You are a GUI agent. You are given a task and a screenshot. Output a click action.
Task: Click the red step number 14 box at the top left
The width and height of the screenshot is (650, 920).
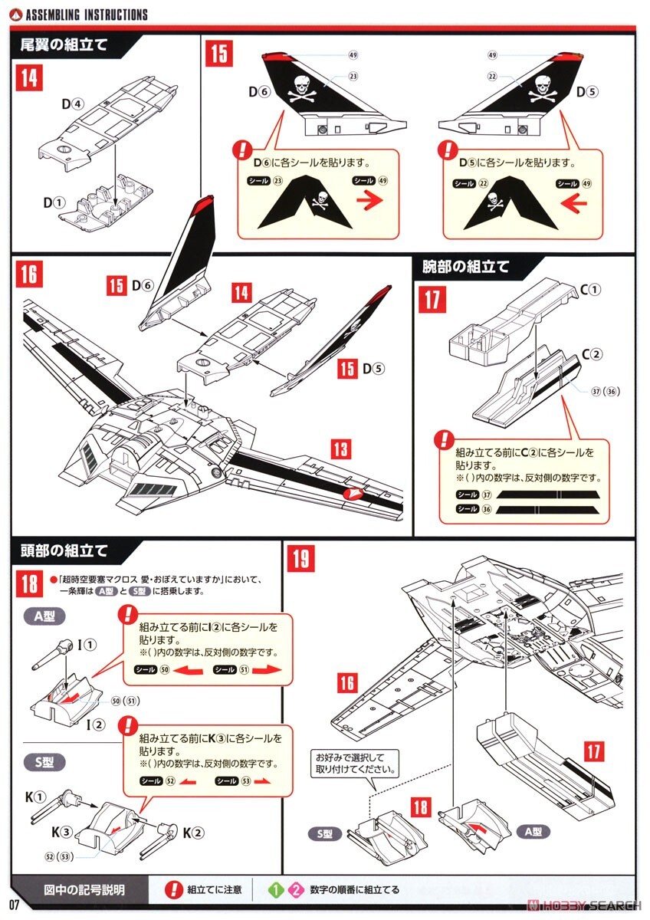(29, 78)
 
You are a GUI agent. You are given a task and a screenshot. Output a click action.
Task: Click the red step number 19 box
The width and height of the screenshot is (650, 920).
(301, 558)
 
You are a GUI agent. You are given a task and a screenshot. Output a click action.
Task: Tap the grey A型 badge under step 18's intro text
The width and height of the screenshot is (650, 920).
(44, 616)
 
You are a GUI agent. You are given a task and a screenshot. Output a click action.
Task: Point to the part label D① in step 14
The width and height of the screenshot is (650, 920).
(53, 203)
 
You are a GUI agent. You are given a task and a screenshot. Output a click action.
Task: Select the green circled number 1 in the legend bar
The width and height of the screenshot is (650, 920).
(277, 890)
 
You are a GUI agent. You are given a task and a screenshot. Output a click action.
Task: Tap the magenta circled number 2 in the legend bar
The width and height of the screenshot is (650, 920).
(295, 890)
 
